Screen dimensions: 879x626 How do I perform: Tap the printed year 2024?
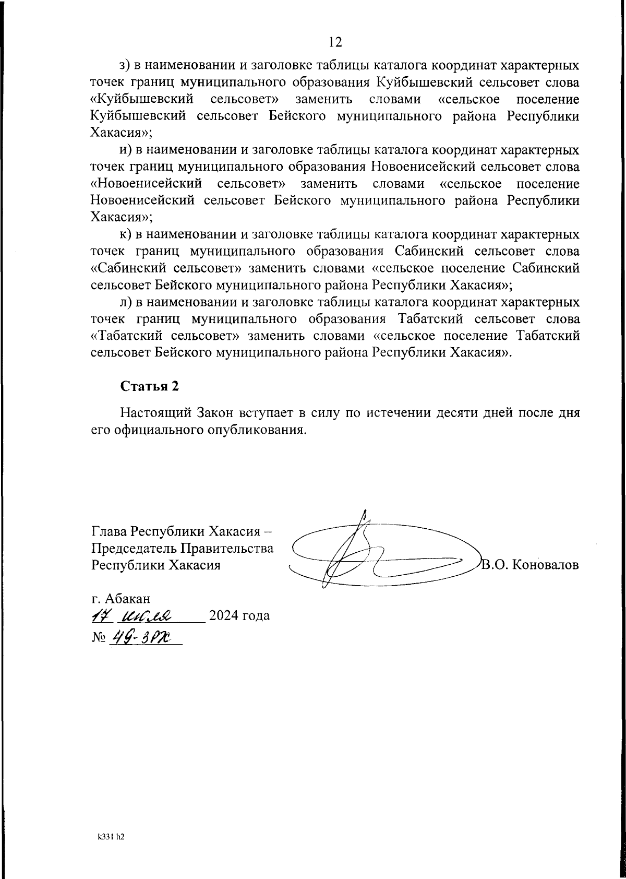(224, 616)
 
